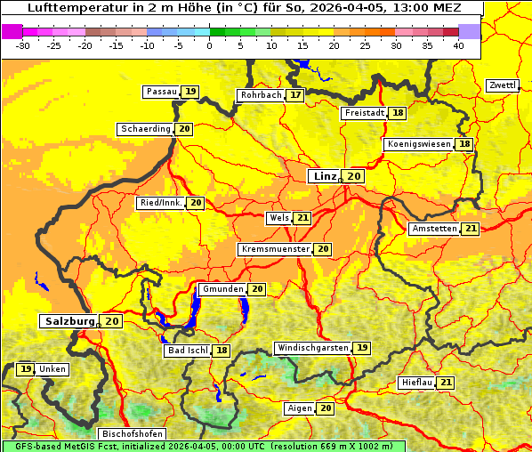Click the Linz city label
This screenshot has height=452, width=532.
click(325, 176)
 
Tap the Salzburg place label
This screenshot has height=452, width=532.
click(69, 321)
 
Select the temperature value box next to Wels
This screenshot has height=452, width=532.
click(302, 218)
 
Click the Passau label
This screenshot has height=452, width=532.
click(162, 92)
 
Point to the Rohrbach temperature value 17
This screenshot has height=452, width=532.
click(295, 95)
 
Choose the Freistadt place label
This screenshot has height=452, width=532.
click(365, 113)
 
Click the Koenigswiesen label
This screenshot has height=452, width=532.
click(420, 144)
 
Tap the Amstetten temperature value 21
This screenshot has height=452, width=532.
click(471, 229)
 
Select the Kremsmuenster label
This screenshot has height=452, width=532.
click(276, 249)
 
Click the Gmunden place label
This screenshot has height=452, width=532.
click(222, 289)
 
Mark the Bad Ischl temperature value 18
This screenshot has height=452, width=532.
click(221, 351)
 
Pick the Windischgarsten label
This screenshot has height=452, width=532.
click(312, 348)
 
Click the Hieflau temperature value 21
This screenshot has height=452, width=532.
click(446, 383)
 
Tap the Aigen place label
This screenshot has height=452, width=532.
click(300, 408)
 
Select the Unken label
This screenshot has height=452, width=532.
click(52, 369)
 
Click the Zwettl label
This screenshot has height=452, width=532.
click(503, 85)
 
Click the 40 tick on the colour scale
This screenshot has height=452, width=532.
click(458, 45)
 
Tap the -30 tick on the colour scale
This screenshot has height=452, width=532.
click(24, 45)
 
